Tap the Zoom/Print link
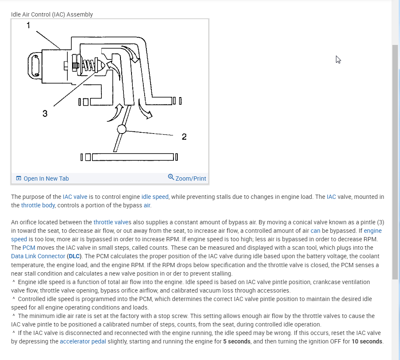[x=190, y=179]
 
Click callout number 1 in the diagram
[x=28, y=25]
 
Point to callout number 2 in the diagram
[x=184, y=137]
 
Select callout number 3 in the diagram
[x=45, y=113]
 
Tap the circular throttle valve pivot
[x=122, y=129]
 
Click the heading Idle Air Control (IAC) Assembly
[x=52, y=14]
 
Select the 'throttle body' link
[x=38, y=205]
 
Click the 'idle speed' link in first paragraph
[x=155, y=197]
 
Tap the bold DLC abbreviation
[x=74, y=256]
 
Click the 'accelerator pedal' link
[x=83, y=341]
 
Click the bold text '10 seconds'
[x=367, y=341]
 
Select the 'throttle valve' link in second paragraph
[x=111, y=222]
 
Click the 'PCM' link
[x=29, y=248]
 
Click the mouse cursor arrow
[x=338, y=59]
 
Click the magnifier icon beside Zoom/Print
[x=171, y=177]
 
